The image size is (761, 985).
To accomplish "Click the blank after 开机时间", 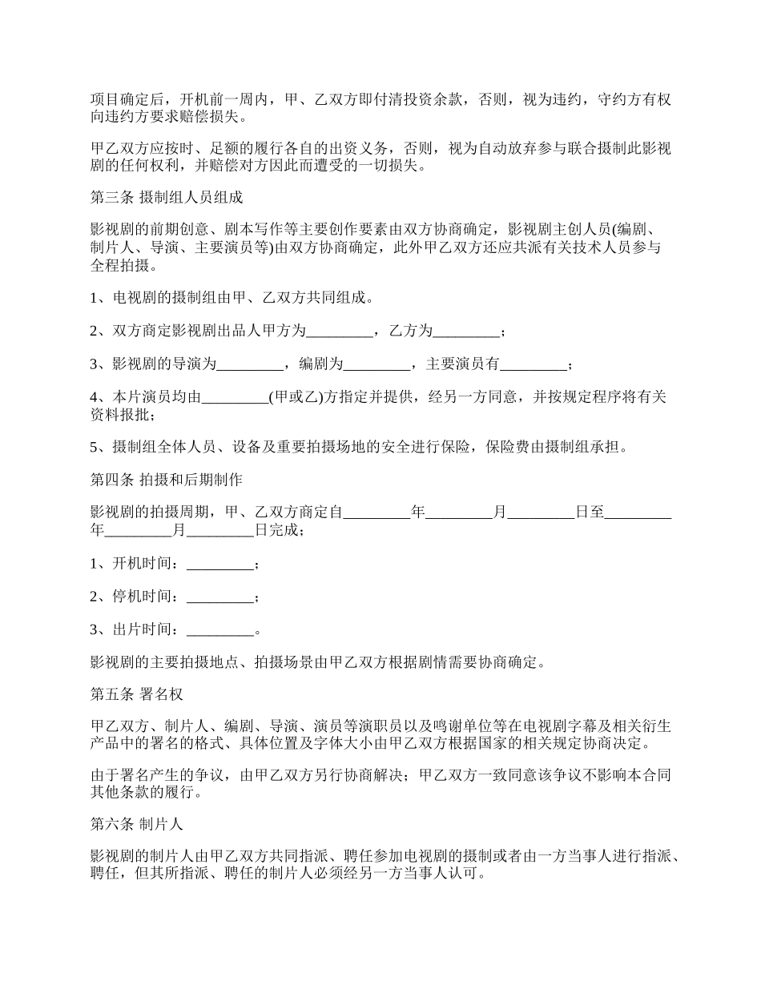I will point(219,565).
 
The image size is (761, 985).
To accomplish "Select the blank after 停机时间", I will point(219,597).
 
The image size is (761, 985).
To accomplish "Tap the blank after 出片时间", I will point(219,630).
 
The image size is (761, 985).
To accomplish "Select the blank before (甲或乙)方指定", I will point(235,398).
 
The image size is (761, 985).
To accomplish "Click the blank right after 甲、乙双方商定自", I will point(376,513).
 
